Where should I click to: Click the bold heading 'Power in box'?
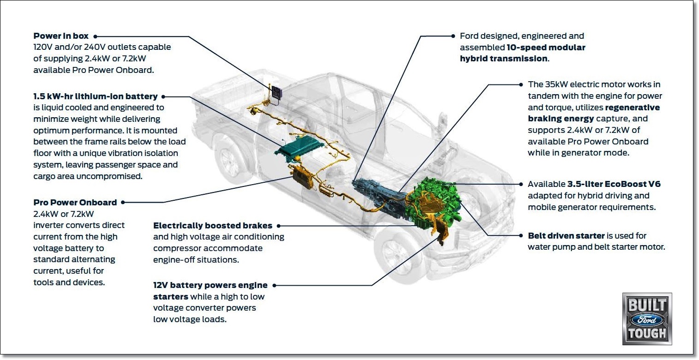point(60,36)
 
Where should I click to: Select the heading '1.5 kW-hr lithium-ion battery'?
point(95,96)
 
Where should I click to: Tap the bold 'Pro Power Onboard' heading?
point(75,202)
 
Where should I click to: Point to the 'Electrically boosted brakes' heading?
point(212,226)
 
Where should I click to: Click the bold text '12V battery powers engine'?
point(210,285)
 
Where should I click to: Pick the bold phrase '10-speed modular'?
point(546,48)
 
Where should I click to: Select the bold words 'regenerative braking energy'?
point(594,113)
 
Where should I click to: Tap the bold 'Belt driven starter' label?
point(566,235)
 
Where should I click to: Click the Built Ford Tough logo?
point(647,318)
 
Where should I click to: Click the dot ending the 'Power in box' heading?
point(95,36)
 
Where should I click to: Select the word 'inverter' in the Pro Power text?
point(49,225)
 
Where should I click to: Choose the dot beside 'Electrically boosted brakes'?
point(278,226)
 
